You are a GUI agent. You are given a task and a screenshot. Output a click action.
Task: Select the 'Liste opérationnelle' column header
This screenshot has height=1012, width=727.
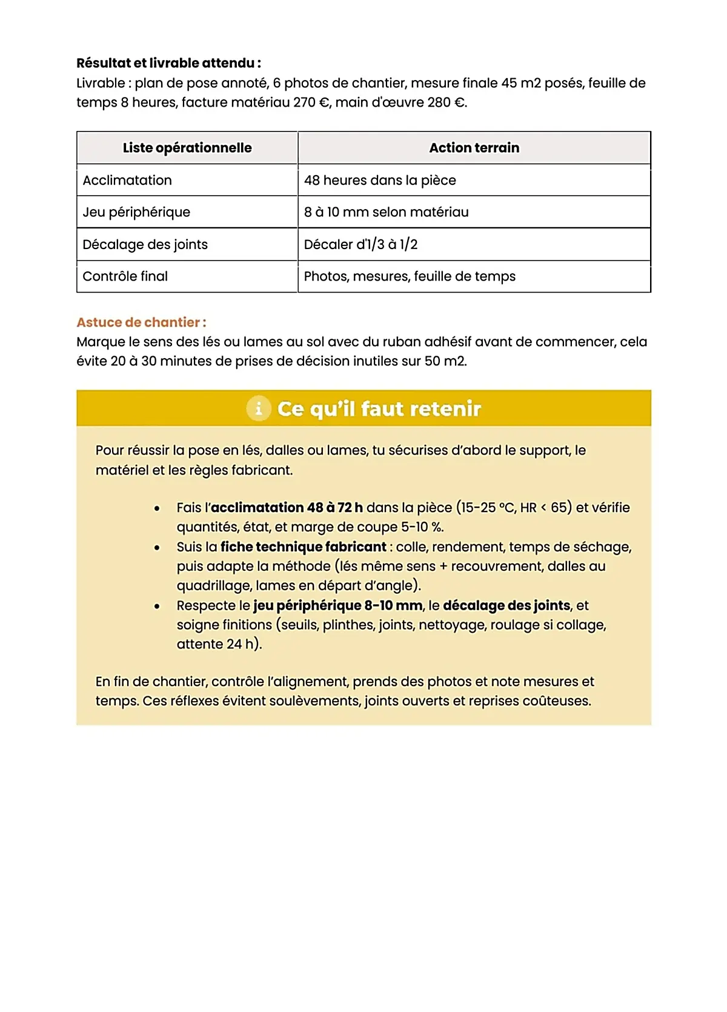tap(187, 148)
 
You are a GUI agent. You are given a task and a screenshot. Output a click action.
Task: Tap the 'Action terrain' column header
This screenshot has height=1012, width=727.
tap(474, 148)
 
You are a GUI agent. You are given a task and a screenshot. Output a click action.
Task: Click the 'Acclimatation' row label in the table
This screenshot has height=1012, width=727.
tap(127, 180)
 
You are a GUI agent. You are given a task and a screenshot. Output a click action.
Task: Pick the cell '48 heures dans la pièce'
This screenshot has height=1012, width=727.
tap(380, 180)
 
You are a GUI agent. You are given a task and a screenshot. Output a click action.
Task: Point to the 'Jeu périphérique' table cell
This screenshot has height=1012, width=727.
tap(136, 212)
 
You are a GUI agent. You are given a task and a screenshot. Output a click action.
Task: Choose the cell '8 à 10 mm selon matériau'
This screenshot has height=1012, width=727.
tap(386, 212)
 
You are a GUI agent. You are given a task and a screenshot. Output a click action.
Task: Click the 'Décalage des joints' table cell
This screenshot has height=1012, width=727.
tap(145, 244)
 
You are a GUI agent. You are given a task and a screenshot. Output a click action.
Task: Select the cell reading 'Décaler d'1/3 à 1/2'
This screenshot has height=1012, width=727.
tap(360, 244)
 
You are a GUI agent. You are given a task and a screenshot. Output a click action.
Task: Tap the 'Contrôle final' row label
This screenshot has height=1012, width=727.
tap(125, 276)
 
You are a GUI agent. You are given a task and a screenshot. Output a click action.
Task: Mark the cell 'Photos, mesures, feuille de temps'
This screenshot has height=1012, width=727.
tap(410, 276)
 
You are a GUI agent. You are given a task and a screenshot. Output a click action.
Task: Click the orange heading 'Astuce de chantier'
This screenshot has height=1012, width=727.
tap(141, 322)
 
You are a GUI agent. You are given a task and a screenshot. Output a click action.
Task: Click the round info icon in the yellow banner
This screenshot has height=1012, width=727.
tap(259, 408)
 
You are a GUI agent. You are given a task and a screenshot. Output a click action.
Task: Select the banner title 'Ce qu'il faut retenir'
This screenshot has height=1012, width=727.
tap(379, 409)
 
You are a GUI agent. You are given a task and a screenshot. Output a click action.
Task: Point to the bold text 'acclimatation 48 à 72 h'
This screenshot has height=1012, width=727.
tap(287, 508)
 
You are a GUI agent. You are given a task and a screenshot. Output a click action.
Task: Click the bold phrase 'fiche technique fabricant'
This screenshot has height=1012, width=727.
tap(303, 547)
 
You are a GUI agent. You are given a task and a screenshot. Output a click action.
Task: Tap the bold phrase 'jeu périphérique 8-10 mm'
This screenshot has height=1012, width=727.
tap(337, 605)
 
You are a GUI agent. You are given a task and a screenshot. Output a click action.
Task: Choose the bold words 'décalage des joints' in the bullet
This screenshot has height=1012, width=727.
tap(506, 605)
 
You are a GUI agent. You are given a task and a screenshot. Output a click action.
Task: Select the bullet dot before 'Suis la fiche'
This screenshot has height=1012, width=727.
tap(157, 547)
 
